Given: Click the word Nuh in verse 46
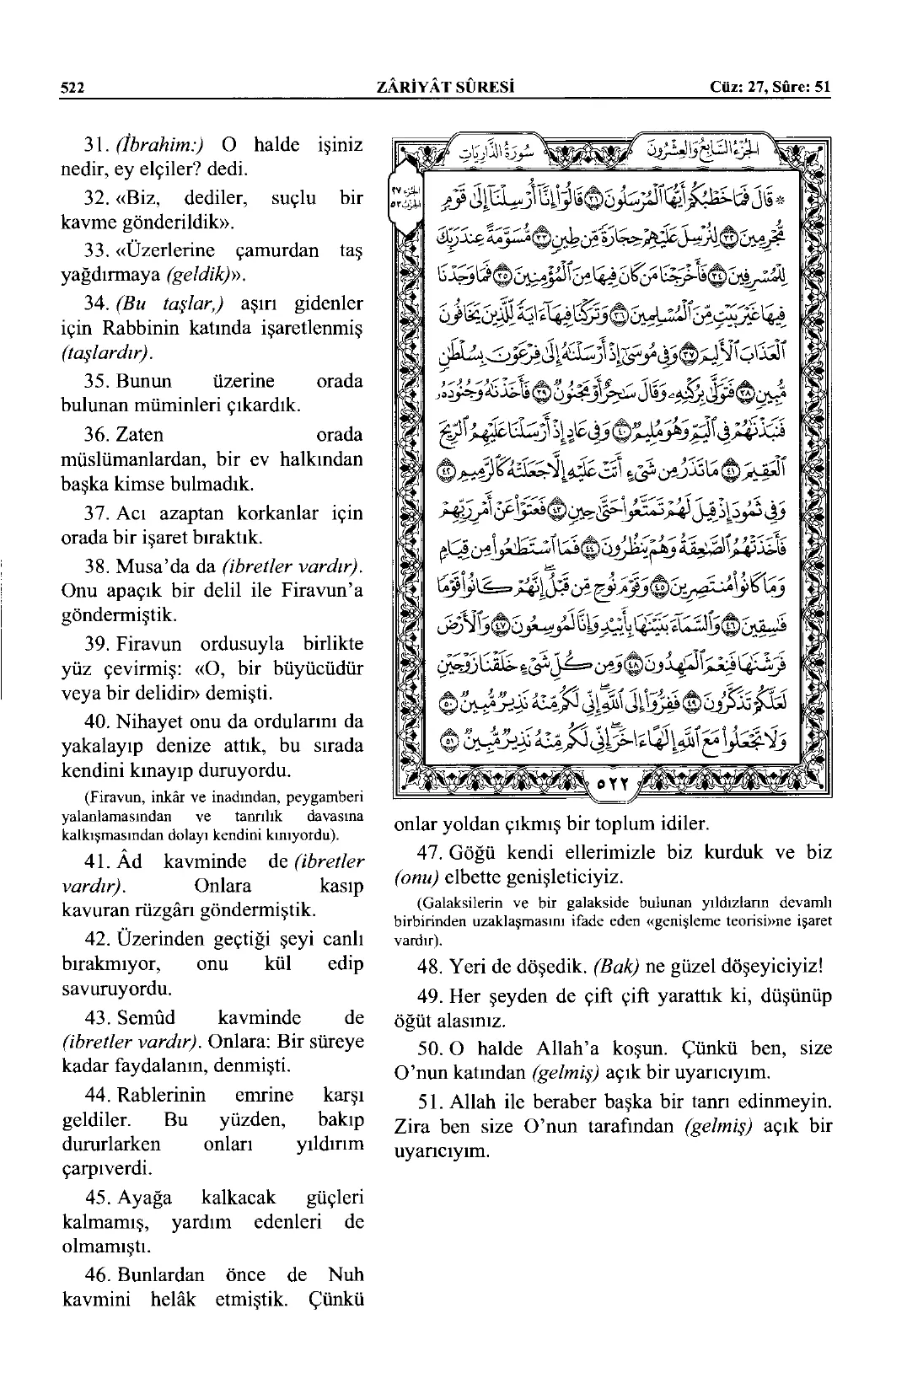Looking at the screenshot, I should tap(347, 1274).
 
